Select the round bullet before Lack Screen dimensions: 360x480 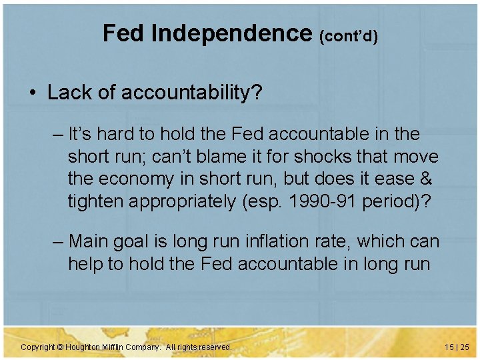coord(33,93)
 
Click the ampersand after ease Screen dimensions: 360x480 coord(426,179)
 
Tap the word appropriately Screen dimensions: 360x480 coord(194,201)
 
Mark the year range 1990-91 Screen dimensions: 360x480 coord(324,201)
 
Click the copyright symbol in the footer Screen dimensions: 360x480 coord(59,347)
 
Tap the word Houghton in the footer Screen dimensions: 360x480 coord(83,347)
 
